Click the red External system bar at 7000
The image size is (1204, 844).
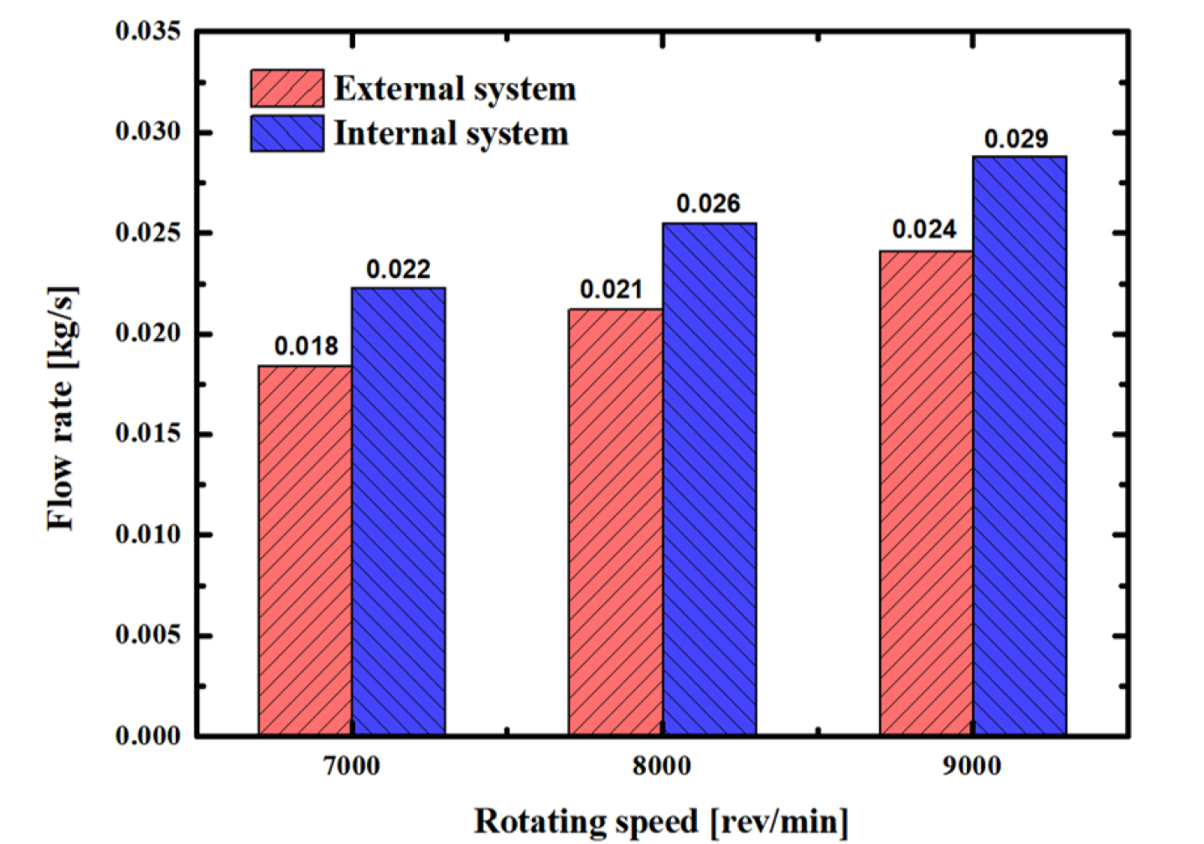305,550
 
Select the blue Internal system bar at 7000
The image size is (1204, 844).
398,512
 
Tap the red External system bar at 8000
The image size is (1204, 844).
615,522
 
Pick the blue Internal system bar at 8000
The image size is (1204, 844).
709,479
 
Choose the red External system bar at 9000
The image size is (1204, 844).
926,493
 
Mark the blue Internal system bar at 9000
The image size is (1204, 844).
1020,445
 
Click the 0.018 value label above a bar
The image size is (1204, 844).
306,347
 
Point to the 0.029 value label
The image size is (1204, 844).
1015,139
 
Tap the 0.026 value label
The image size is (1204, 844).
708,204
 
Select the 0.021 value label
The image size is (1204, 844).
612,291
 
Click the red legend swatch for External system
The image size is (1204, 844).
287,89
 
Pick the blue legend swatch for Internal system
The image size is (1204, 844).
287,134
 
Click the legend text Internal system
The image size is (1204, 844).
451,134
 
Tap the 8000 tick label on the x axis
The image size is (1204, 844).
662,766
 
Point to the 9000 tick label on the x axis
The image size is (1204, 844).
972,766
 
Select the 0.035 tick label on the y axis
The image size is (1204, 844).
148,32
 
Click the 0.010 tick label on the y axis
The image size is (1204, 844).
148,534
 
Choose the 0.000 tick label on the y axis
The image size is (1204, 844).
148,736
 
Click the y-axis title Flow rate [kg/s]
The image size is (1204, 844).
61,409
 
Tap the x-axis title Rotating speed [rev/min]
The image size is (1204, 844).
661,821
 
